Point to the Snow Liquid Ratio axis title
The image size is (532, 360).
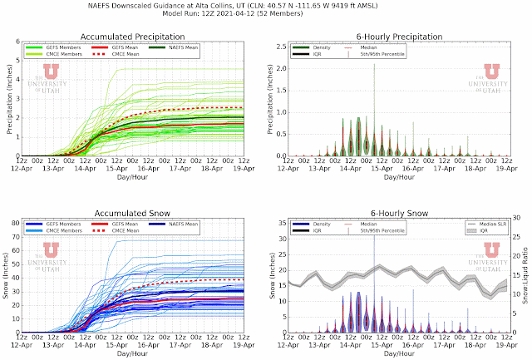click(x=525, y=277)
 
